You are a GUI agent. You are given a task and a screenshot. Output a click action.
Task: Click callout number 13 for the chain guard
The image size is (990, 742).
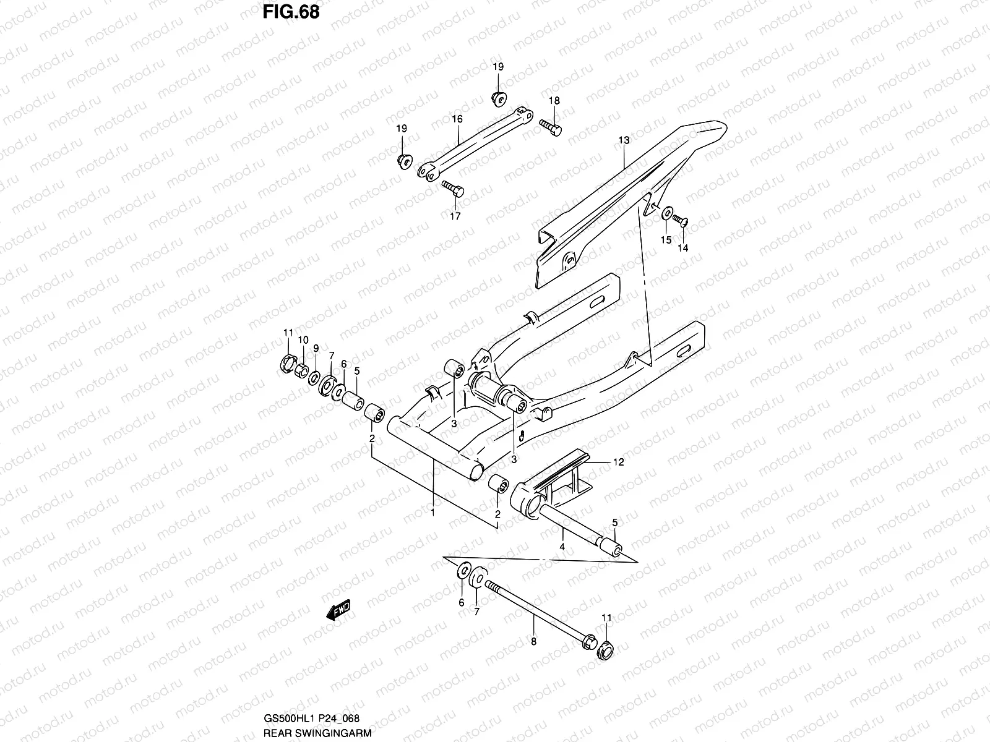[624, 141]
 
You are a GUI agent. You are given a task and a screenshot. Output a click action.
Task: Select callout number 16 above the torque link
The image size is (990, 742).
[457, 119]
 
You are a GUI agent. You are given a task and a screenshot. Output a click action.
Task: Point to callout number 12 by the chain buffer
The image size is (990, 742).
[619, 462]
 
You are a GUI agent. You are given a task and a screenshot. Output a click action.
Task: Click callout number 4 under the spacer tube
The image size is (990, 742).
[562, 547]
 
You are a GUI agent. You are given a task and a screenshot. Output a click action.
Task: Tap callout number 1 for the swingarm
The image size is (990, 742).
[433, 513]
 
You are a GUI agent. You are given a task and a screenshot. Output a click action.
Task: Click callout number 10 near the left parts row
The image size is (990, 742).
[303, 340]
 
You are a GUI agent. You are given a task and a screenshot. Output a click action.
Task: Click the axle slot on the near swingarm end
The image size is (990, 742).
[685, 351]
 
